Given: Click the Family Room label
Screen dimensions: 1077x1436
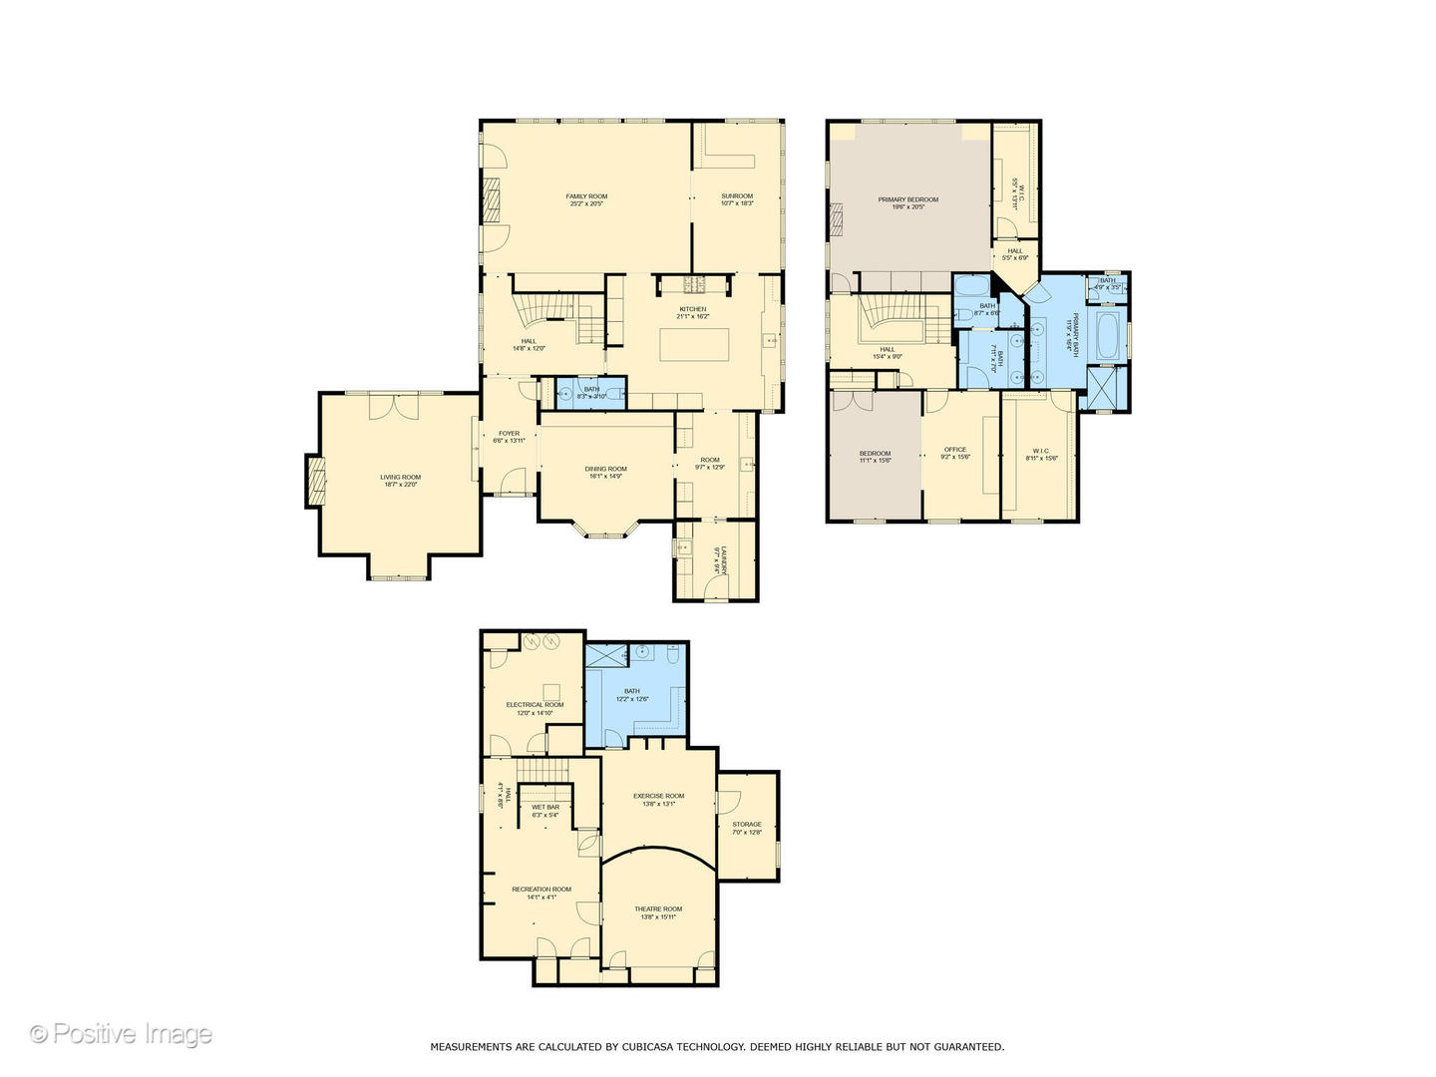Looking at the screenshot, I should tap(586, 199).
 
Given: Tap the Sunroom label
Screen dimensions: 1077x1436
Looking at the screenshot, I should tap(737, 199).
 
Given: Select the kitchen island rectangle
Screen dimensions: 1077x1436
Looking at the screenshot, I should tap(693, 344).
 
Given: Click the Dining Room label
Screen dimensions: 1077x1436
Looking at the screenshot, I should tap(605, 472).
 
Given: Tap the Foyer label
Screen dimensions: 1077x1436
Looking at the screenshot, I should tap(509, 437).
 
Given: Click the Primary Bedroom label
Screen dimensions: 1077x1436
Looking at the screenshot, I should tap(907, 202).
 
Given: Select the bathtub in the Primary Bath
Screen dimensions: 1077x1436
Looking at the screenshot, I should tap(1109, 336).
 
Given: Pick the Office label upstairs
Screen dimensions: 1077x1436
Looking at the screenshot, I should tap(954, 453).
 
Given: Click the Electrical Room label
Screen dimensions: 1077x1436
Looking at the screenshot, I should tap(535, 708).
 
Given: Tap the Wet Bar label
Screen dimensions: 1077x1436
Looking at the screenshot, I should tap(545, 811).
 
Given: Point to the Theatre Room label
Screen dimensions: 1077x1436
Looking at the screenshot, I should tap(658, 912).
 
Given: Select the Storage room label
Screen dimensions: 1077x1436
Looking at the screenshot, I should tap(747, 828).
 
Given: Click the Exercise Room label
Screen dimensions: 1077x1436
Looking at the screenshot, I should tap(658, 799).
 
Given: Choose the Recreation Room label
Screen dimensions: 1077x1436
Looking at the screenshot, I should tap(541, 893).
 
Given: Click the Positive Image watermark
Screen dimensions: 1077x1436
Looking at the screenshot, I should tap(121, 1034).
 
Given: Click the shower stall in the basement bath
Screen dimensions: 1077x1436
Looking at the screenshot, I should tap(605, 655).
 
